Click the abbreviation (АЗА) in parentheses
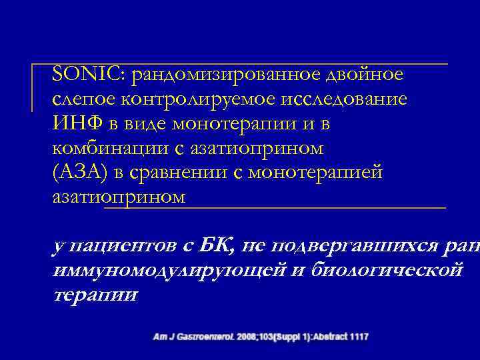[78, 173]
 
